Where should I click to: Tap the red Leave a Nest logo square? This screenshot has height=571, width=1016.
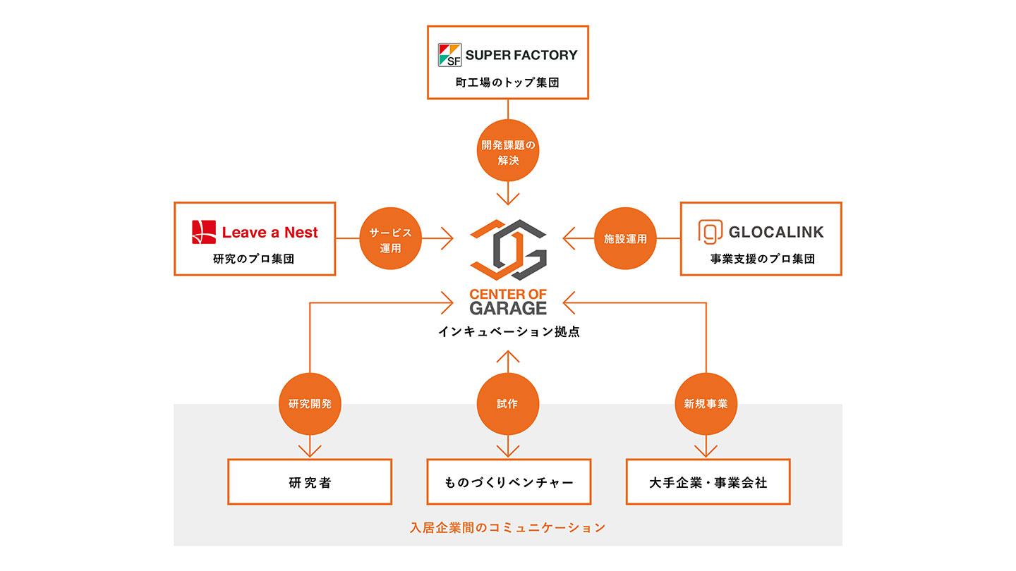[x=204, y=232]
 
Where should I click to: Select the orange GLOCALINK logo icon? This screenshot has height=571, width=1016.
[x=709, y=232]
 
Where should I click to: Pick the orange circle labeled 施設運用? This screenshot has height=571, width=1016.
[x=625, y=239]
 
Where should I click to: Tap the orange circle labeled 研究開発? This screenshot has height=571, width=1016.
[x=310, y=404]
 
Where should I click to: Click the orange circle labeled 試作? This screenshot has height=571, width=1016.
[x=507, y=404]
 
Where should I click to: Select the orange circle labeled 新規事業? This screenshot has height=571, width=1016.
[x=706, y=404]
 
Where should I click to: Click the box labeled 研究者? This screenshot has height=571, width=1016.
[x=310, y=482]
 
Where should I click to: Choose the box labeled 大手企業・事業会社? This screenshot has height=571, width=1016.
[x=708, y=482]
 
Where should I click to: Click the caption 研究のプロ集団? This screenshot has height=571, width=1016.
[x=254, y=259]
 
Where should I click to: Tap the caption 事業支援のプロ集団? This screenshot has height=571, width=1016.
[x=762, y=259]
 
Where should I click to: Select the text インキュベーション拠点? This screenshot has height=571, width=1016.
[x=508, y=331]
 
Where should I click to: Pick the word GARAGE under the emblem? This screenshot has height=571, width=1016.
[x=508, y=308]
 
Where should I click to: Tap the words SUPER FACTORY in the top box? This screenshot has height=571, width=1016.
[x=521, y=55]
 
